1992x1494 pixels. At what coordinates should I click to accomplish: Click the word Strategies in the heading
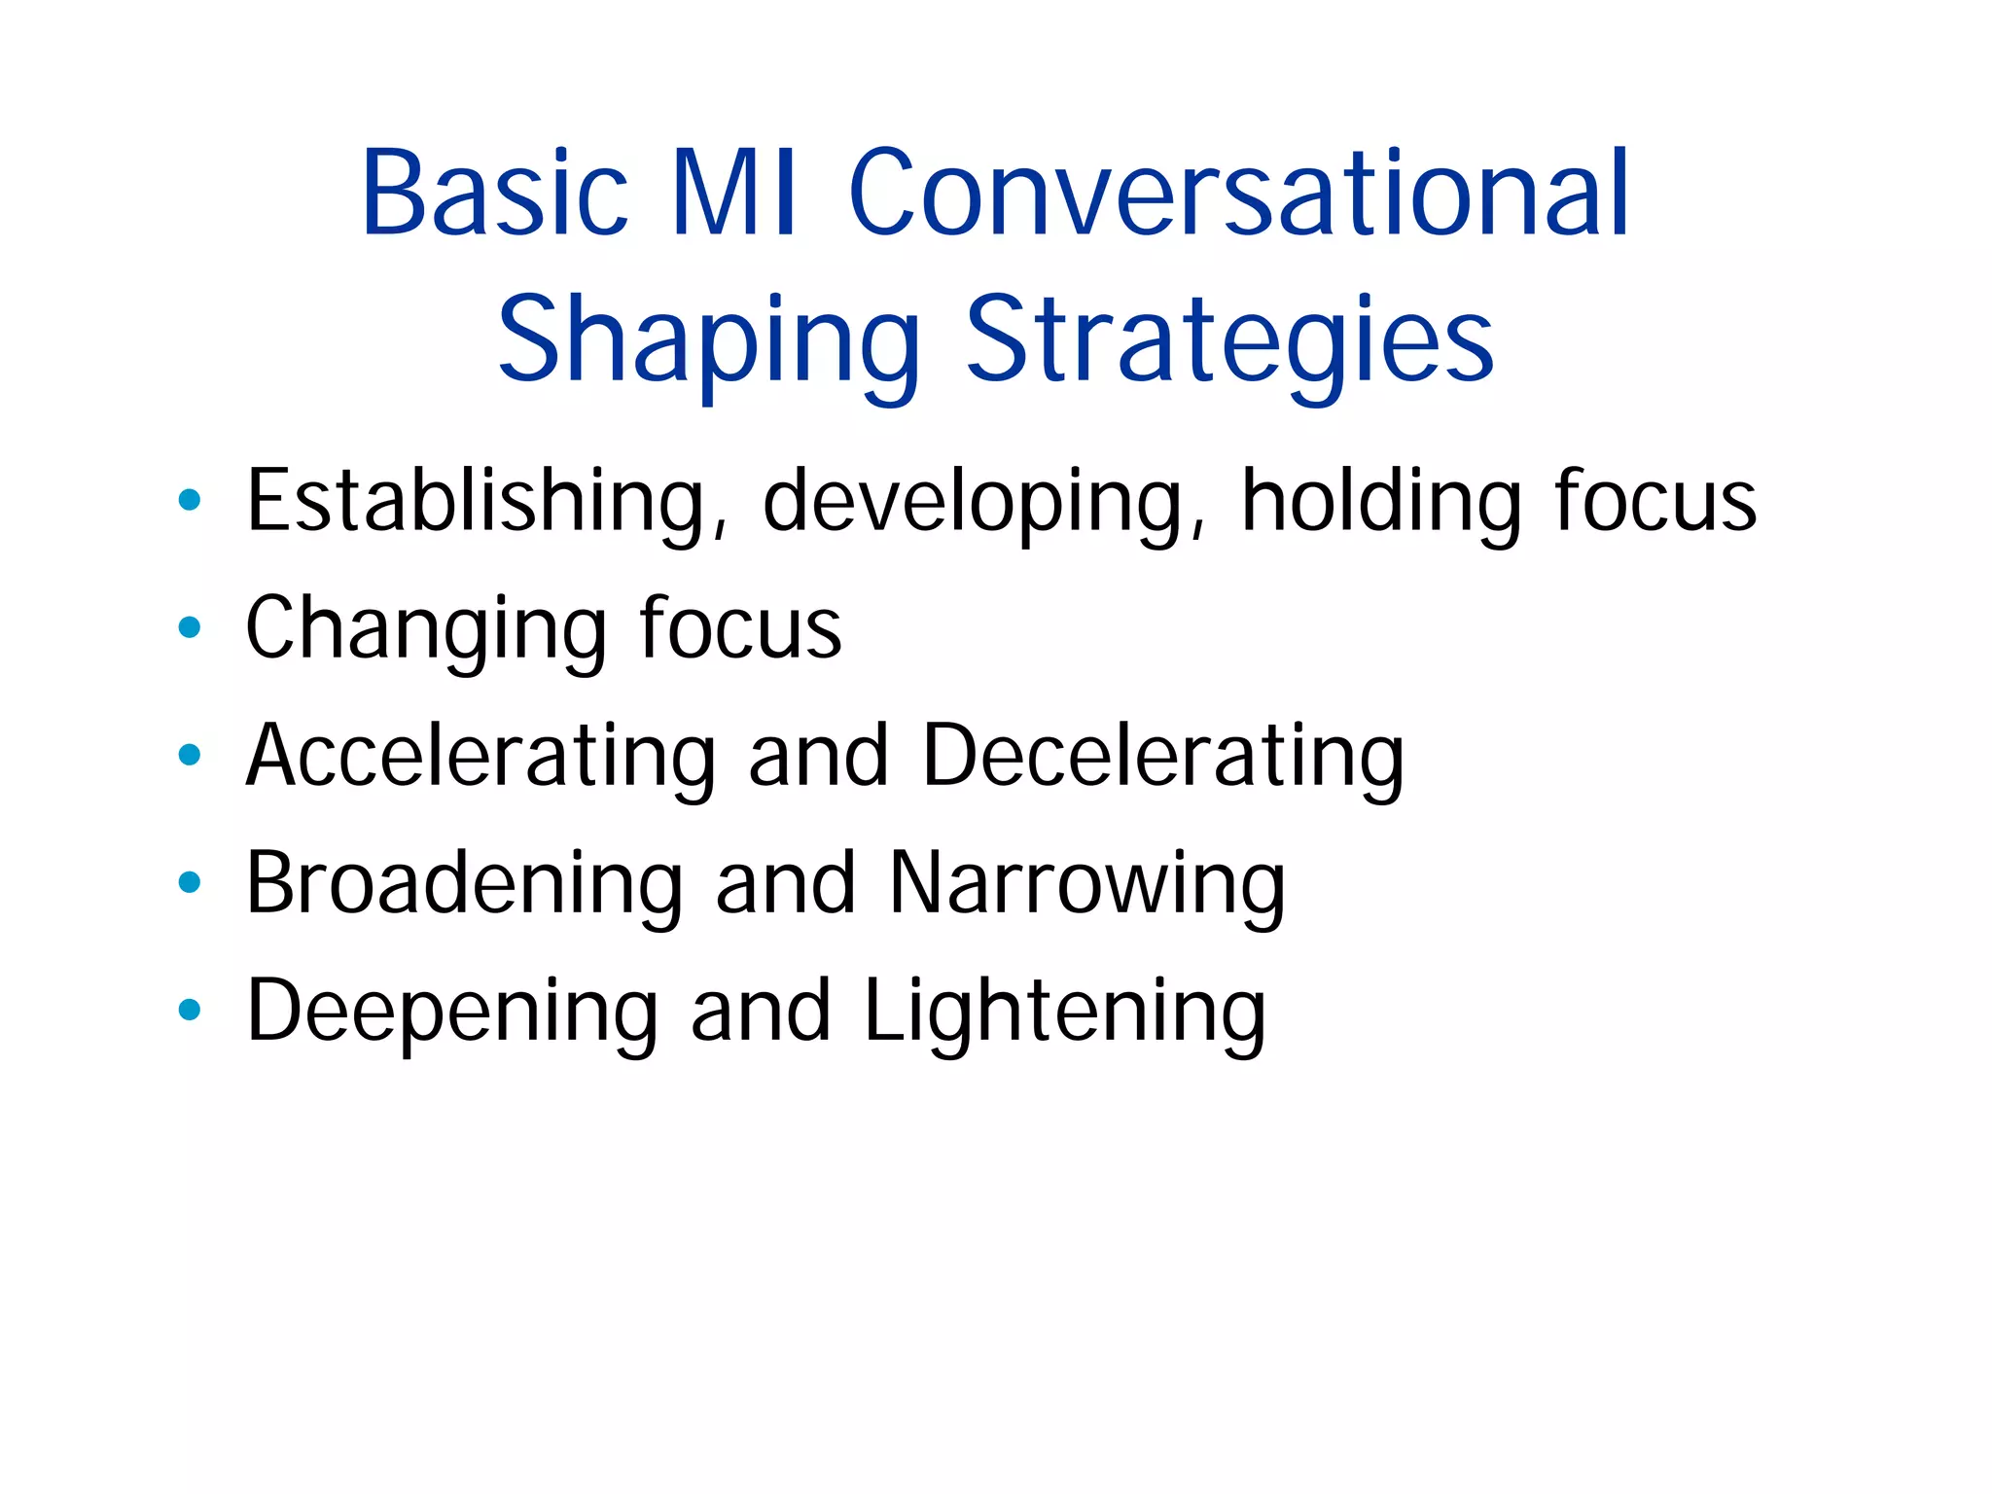pyautogui.click(x=1229, y=340)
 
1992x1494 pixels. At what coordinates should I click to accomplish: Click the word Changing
pyautogui.click(x=423, y=630)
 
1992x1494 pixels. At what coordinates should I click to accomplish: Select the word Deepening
pyautogui.click(x=452, y=1012)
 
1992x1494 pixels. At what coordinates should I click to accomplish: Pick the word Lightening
pyautogui.click(x=1065, y=1012)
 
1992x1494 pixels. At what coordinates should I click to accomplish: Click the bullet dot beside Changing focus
pyautogui.click(x=190, y=627)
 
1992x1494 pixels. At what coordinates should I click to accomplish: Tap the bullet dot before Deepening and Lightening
pyautogui.click(x=190, y=1010)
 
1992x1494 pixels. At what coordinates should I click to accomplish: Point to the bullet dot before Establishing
pyautogui.click(x=190, y=500)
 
